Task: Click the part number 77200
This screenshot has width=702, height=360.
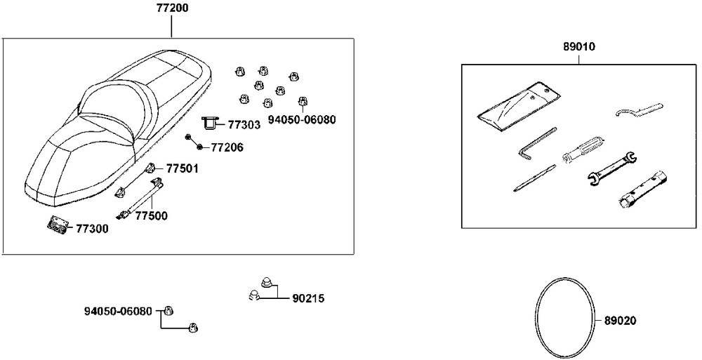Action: (171, 10)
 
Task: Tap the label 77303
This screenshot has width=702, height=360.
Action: (244, 125)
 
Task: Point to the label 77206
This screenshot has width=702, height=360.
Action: (227, 147)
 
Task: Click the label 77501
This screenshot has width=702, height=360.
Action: (182, 168)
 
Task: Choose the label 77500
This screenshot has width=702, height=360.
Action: (151, 216)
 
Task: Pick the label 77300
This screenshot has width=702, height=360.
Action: (92, 228)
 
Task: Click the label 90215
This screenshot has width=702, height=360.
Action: (308, 298)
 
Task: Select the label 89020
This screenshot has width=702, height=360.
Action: (620, 320)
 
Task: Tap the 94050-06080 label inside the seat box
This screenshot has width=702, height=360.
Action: (302, 119)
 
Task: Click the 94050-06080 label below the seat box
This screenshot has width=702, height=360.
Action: (118, 311)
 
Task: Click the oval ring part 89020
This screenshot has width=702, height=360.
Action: (566, 320)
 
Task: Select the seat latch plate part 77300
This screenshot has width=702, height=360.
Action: (58, 225)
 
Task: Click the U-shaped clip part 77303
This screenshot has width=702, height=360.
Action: (211, 124)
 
